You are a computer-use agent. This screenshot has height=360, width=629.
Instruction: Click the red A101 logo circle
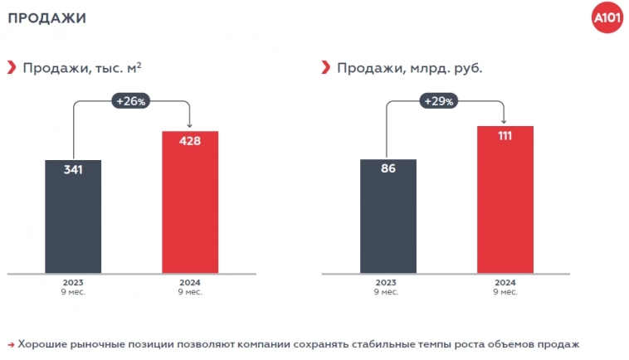(607, 18)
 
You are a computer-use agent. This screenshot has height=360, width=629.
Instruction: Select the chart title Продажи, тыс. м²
(81, 68)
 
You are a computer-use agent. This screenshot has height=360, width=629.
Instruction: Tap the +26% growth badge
(131, 101)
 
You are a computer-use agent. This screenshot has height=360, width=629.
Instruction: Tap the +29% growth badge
(438, 101)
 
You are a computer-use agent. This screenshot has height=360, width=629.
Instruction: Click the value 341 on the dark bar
(73, 170)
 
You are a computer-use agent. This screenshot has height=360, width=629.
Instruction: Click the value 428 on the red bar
(190, 141)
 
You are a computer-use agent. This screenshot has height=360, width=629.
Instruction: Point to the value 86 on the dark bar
(388, 169)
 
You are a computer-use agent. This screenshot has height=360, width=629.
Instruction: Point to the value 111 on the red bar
(505, 136)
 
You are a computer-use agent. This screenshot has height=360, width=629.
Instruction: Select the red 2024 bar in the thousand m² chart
(190, 207)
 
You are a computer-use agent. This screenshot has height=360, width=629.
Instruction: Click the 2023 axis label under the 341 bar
(73, 282)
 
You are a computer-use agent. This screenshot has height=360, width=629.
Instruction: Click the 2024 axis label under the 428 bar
(190, 282)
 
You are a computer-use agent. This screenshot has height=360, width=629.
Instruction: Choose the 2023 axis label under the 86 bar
(388, 282)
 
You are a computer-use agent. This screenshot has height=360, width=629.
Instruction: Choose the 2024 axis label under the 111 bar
(505, 282)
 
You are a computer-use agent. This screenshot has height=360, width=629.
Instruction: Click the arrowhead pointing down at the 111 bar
(505, 121)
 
